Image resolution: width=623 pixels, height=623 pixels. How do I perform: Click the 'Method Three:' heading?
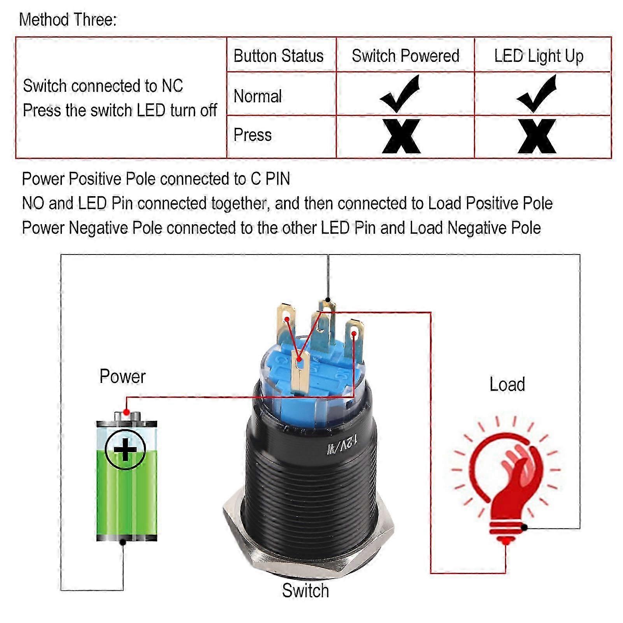click(68, 19)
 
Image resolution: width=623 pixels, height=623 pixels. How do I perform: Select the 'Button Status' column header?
click(278, 56)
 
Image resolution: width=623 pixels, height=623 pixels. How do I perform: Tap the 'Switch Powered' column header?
click(405, 56)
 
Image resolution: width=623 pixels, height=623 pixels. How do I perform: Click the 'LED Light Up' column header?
click(539, 56)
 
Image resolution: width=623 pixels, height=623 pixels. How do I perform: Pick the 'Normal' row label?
click(258, 96)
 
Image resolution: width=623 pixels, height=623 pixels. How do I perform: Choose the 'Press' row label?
click(253, 135)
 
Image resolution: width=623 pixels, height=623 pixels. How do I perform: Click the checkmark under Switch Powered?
click(401, 93)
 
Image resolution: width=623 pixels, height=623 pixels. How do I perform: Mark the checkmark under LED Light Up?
click(538, 93)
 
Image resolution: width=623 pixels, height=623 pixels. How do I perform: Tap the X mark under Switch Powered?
click(401, 136)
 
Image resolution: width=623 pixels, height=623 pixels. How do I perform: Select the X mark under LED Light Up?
click(537, 136)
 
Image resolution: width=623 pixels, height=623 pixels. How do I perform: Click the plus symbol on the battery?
click(125, 450)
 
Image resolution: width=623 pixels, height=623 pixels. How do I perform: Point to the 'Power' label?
click(122, 376)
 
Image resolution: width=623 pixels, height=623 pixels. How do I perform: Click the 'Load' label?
click(507, 384)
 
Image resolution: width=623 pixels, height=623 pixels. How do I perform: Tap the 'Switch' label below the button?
click(305, 591)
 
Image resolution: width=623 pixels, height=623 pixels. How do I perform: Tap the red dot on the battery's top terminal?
click(126, 412)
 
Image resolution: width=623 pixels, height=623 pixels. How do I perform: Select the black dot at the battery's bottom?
click(123, 542)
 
